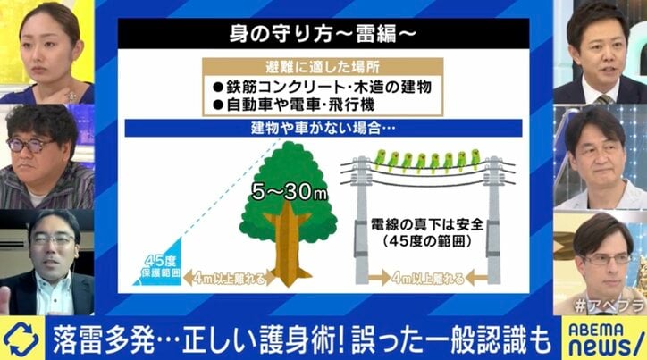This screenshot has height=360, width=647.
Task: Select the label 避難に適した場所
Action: [x=323, y=66]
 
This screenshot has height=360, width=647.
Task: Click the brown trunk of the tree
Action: [x=288, y=246]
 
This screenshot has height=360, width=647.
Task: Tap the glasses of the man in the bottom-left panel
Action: [x=50, y=239]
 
